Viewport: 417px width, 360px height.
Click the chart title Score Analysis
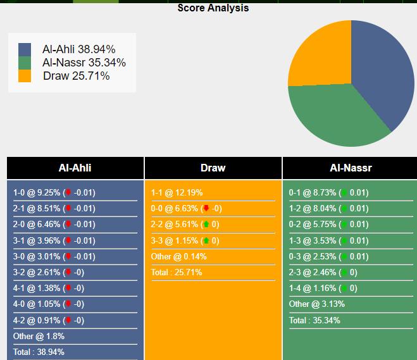click(x=213, y=8)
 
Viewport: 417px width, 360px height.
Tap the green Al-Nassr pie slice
click(x=335, y=115)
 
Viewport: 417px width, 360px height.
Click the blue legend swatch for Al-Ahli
click(x=25, y=49)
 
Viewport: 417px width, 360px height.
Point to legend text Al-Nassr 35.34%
click(x=84, y=62)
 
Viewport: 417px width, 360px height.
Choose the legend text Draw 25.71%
click(x=76, y=76)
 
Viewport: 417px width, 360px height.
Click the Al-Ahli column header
click(x=75, y=168)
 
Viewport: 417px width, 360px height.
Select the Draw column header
click(x=213, y=168)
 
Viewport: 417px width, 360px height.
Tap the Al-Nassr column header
click(x=351, y=168)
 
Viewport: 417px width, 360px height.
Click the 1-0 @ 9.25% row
click(x=54, y=193)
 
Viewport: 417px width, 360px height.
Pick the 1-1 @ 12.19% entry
click(x=177, y=193)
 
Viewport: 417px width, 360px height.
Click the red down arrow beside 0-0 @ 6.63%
click(x=206, y=209)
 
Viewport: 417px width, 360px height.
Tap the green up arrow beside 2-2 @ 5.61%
click(x=206, y=225)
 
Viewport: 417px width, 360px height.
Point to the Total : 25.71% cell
click(x=177, y=273)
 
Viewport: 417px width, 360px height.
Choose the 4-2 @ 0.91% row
click(x=49, y=320)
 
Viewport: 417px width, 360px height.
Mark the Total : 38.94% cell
click(x=39, y=352)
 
